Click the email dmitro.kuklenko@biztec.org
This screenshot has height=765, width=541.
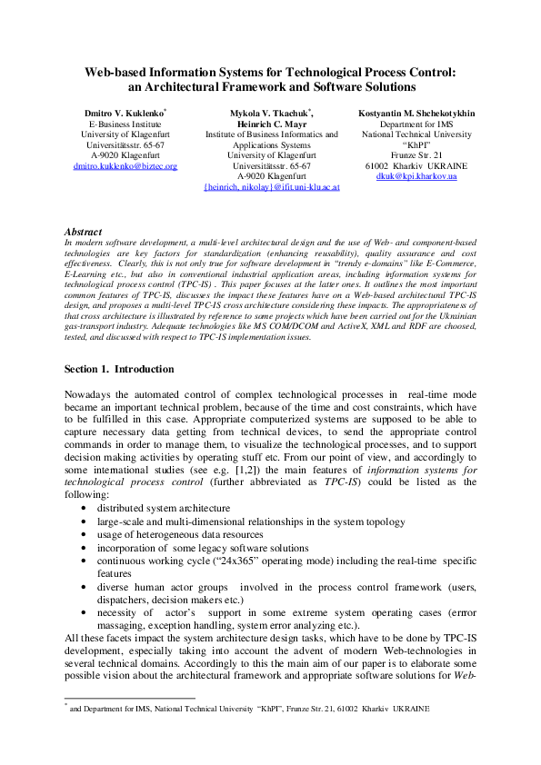pyautogui.click(x=125, y=166)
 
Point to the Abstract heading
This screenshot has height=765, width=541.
pyautogui.click(x=84, y=233)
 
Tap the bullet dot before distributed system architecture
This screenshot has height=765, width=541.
pyautogui.click(x=85, y=510)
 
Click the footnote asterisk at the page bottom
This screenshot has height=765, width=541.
pyautogui.click(x=66, y=703)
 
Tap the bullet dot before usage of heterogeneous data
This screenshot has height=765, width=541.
pyautogui.click(x=85, y=535)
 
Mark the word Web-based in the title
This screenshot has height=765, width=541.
pyautogui.click(x=117, y=72)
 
